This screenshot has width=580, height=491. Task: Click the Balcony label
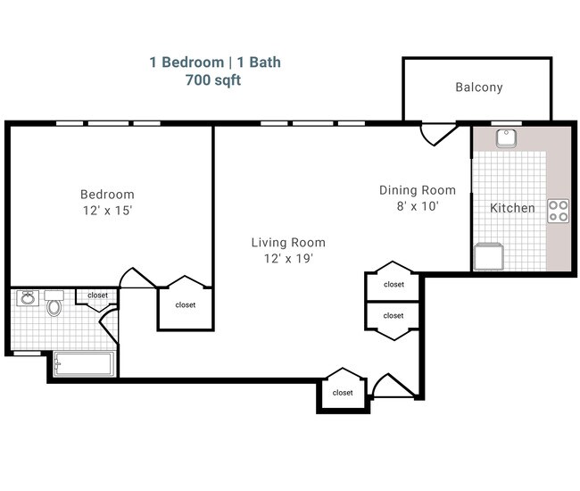[x=478, y=87]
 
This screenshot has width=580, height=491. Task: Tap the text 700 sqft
[x=212, y=79]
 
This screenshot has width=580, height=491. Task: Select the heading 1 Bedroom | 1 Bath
[x=214, y=62]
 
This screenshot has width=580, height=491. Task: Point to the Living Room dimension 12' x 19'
[x=287, y=258]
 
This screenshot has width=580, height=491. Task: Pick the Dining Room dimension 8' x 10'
[x=417, y=205]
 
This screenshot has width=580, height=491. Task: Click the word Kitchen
[x=512, y=208]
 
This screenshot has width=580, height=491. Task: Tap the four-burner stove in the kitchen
[x=558, y=211]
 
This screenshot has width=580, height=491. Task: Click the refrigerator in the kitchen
[x=488, y=256]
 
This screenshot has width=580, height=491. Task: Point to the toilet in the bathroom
[x=55, y=305]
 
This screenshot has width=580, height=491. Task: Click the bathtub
[x=83, y=363]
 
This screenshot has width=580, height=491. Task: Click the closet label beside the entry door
[x=342, y=393]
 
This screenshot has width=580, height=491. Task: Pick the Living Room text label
[x=287, y=242]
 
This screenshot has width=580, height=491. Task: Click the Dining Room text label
[x=417, y=189]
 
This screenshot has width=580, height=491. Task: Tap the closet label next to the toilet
[x=96, y=295]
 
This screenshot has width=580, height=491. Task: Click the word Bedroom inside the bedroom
[x=107, y=195]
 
